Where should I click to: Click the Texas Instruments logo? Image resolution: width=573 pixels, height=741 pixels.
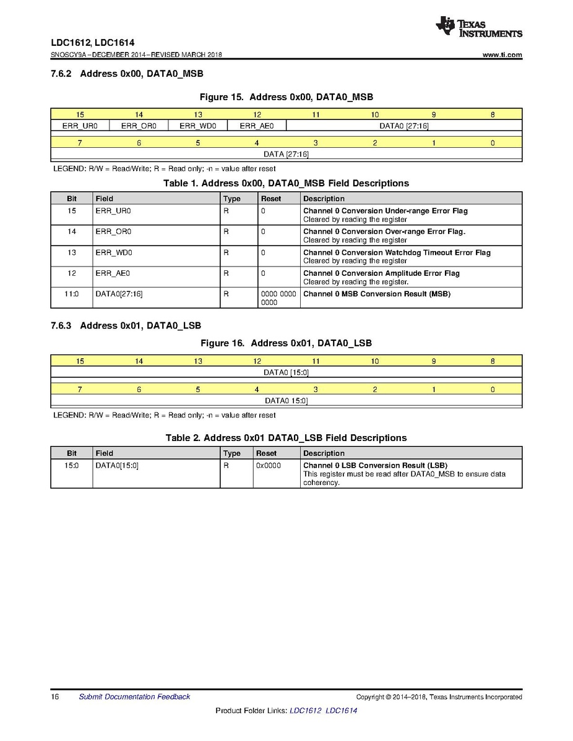478,27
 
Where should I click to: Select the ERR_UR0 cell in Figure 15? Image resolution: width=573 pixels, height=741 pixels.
80,126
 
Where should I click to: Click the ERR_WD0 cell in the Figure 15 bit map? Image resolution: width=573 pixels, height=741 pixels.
198,126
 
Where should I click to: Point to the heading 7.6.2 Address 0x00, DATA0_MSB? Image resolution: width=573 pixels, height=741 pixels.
127,74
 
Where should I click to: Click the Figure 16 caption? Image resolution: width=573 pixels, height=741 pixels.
286,343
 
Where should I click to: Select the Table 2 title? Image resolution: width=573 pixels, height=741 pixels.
286,438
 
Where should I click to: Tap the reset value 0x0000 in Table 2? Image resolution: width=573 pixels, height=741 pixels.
268,466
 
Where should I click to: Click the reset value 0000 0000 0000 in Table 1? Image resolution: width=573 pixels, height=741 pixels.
278,298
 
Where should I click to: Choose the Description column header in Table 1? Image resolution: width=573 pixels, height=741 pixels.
324,199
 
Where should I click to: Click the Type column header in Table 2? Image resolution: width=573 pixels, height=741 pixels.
231,453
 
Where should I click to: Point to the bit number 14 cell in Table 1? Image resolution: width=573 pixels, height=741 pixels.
72,232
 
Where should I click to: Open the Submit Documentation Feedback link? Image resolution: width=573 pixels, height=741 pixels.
134,697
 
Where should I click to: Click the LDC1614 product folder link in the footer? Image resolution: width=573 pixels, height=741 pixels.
341,711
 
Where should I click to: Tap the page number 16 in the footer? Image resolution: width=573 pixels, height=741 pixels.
55,697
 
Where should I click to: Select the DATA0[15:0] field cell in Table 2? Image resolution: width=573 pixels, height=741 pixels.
117,466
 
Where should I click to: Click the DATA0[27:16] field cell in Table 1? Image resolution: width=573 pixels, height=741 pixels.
119,294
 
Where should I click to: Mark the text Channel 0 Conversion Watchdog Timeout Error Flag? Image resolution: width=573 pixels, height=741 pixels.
397,252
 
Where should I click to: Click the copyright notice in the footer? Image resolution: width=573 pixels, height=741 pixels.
439,697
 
